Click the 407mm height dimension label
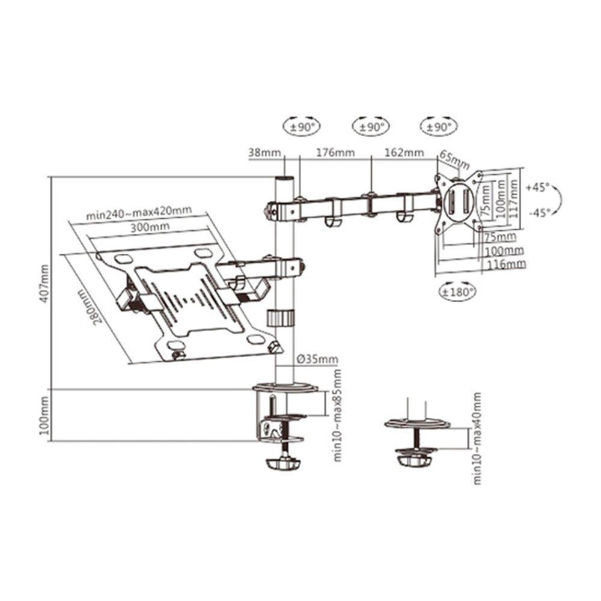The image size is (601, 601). click(44, 283)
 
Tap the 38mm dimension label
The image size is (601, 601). click(264, 153)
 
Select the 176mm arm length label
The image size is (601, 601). click(335, 153)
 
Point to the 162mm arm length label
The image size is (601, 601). click(404, 153)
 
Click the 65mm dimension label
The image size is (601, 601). click(454, 160)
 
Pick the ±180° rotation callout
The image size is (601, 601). click(457, 293)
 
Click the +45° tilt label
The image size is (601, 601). click(538, 188)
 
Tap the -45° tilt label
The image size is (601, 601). click(540, 213)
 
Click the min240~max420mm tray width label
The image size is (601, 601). click(139, 213)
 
